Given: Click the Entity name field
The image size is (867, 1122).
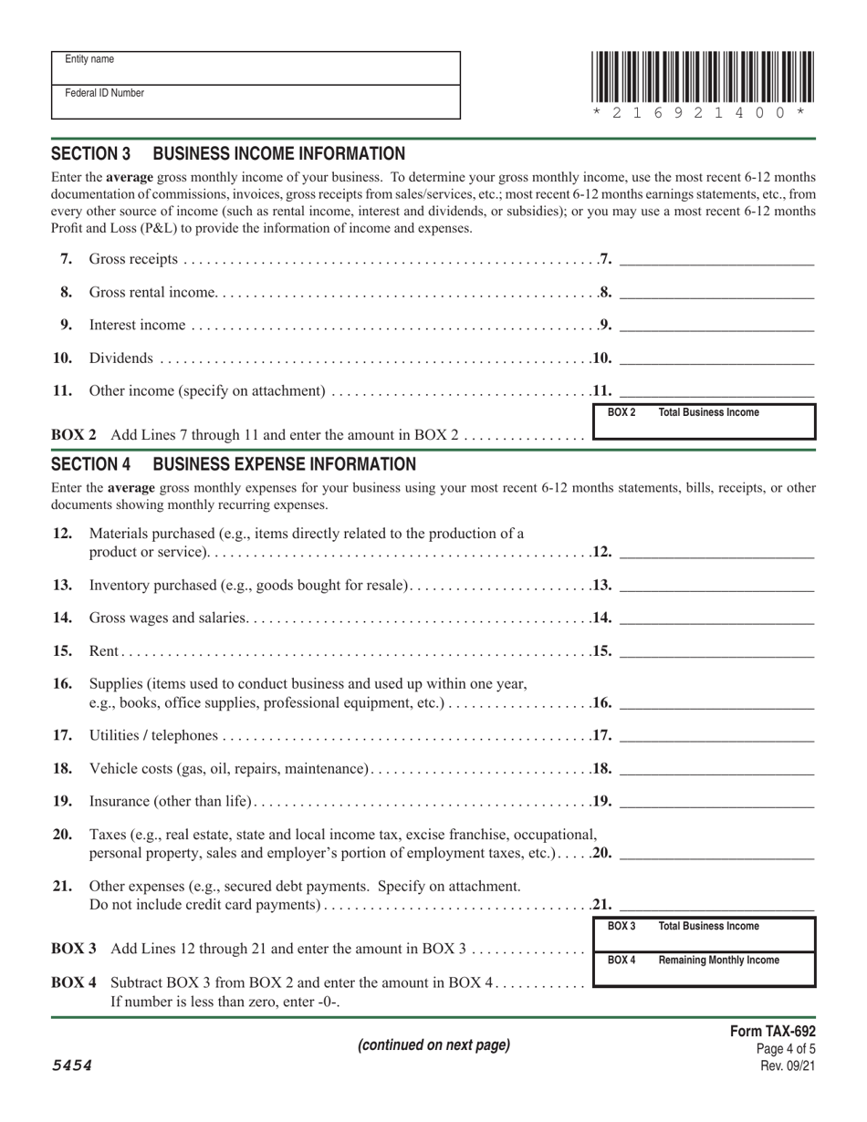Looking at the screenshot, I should (x=256, y=68).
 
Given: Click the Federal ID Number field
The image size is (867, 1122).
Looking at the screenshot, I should (x=256, y=102).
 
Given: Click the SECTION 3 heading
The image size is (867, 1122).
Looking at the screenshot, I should (x=228, y=154).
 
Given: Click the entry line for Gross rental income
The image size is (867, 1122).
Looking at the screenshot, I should (x=716, y=293).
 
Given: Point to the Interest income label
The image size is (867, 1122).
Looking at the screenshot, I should (x=137, y=325).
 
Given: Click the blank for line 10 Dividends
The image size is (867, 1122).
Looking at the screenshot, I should (x=716, y=358).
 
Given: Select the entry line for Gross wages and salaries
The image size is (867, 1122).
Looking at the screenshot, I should (x=716, y=618).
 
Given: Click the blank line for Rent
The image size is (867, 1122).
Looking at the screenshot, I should (x=716, y=651).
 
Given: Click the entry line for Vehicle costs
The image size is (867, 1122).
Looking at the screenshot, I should (x=716, y=769).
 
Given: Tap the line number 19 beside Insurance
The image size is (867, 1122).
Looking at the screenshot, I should (x=62, y=802).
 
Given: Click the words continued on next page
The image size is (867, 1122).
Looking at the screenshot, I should (x=433, y=1045).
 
